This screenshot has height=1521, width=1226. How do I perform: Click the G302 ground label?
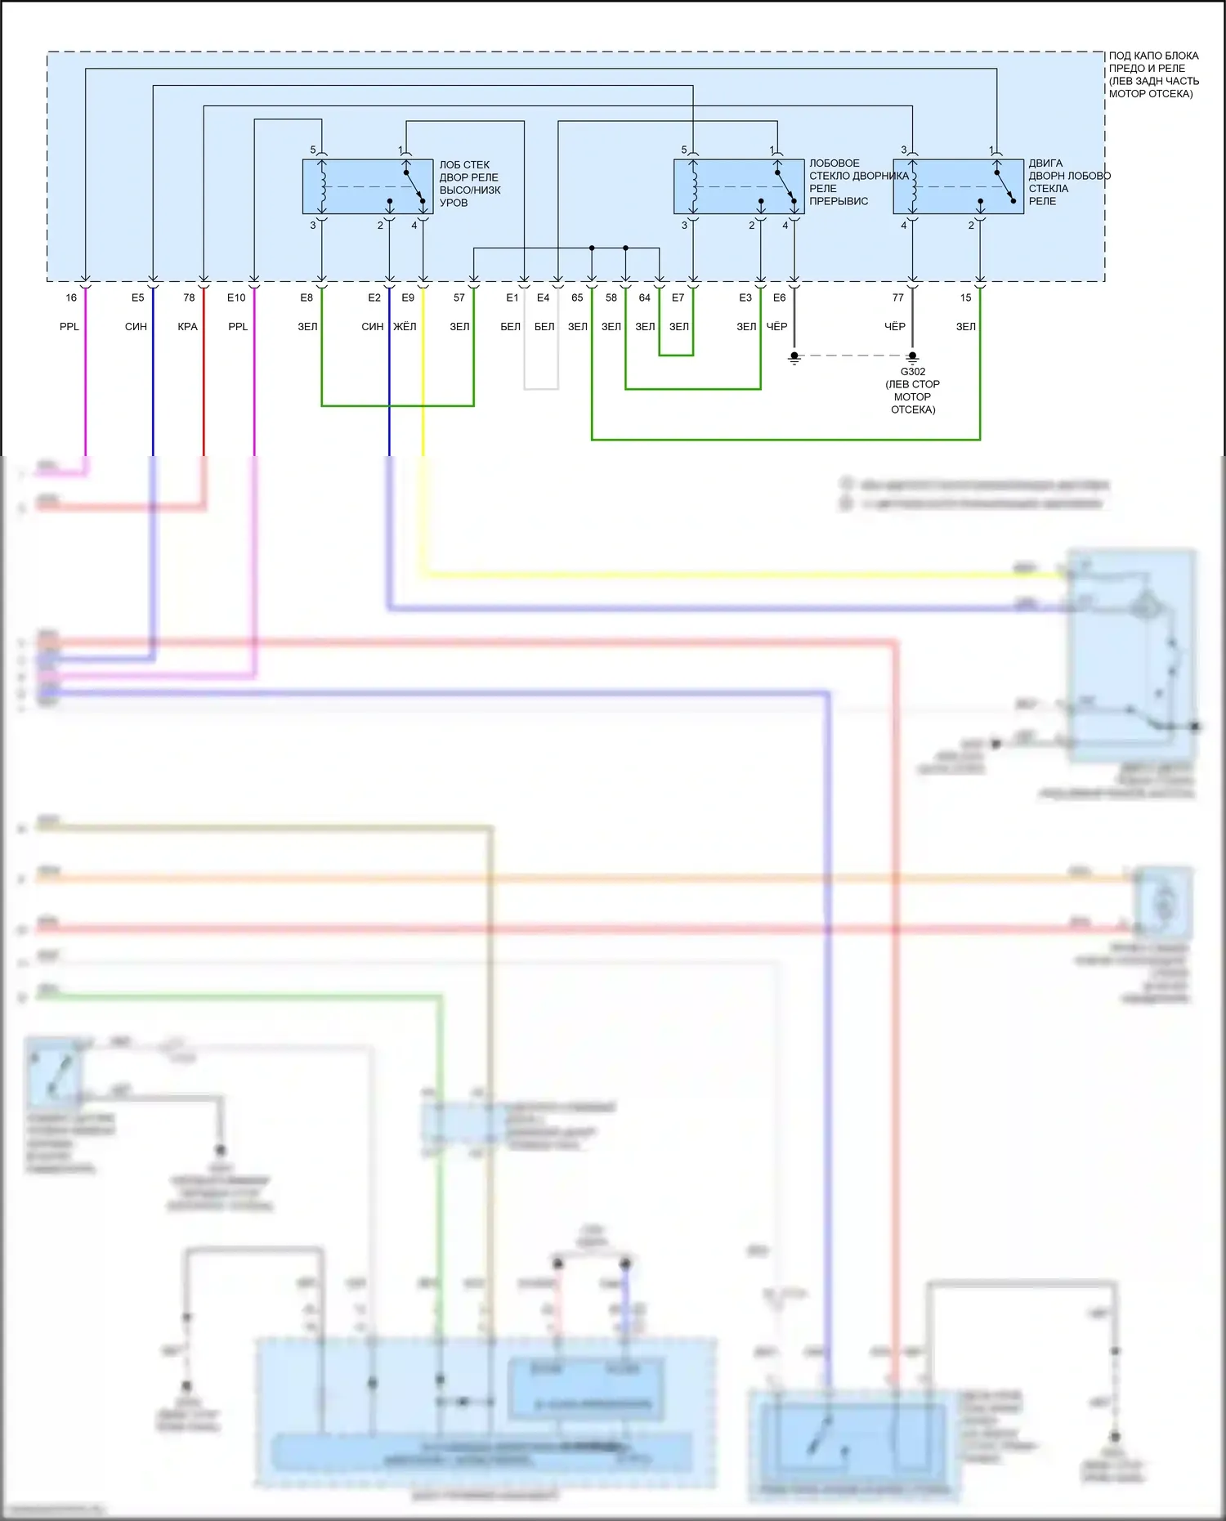(913, 372)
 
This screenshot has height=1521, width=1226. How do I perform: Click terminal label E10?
(236, 297)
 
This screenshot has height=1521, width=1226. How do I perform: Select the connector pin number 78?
(189, 297)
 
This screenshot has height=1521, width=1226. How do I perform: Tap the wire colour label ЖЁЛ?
(405, 327)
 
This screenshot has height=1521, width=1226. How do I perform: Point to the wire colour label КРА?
(187, 327)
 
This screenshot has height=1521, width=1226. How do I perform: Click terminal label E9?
(408, 297)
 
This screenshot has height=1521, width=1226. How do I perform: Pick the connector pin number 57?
(459, 297)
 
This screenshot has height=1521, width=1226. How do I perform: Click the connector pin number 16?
(71, 297)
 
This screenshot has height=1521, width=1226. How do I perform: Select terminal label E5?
(137, 297)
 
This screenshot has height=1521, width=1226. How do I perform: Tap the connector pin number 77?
(898, 297)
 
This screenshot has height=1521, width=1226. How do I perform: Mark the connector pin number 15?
(966, 297)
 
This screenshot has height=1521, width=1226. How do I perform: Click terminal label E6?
(780, 297)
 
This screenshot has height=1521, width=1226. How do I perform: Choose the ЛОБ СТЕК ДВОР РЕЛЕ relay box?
(368, 186)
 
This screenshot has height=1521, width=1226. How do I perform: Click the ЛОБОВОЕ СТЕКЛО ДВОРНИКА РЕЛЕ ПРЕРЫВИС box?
(739, 186)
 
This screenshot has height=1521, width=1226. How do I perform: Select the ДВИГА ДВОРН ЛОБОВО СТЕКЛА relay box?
(958, 186)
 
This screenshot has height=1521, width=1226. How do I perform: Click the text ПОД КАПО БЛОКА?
(1153, 56)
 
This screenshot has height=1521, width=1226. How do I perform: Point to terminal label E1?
(512, 297)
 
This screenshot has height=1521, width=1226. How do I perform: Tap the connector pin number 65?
(577, 297)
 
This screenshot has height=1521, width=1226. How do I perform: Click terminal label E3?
(745, 297)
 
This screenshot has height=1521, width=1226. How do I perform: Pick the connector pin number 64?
(645, 297)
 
